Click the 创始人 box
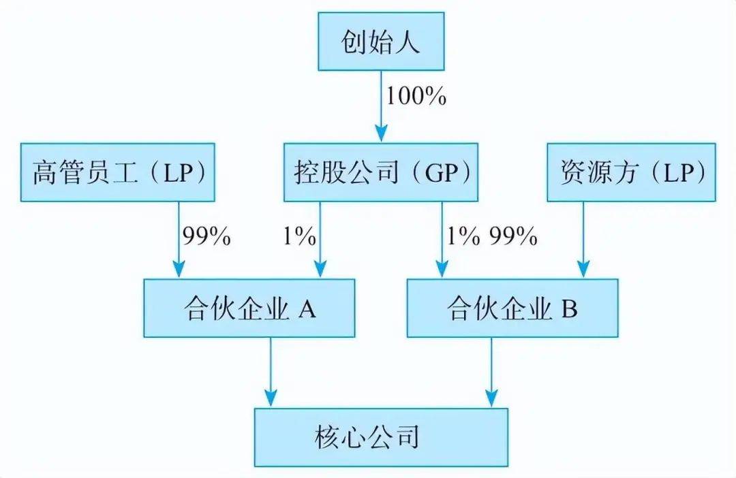pyautogui.click(x=381, y=42)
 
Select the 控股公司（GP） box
pyautogui.click(x=381, y=173)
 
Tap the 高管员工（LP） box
pyautogui.click(x=117, y=173)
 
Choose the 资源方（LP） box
pyautogui.click(x=631, y=173)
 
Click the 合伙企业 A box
pyautogui.click(x=249, y=308)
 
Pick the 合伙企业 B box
pyautogui.click(x=512, y=308)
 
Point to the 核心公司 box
pyautogui.click(x=381, y=438)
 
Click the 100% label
pyautogui.click(x=416, y=96)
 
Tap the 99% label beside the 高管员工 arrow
pyautogui.click(x=206, y=236)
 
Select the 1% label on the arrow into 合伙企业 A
pyautogui.click(x=299, y=236)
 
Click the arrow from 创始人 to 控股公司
pyautogui.click(x=381, y=106)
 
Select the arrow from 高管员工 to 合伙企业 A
pyautogui.click(x=179, y=240)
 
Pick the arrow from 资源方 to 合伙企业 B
pyautogui.click(x=583, y=240)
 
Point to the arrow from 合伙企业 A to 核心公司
pyautogui.click(x=271, y=372)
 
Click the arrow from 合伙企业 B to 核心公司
pyautogui.click(x=491, y=372)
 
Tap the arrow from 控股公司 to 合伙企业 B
pyautogui.click(x=442, y=240)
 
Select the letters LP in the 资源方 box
pyautogui.click(x=678, y=173)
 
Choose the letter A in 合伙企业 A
pyautogui.click(x=307, y=308)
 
